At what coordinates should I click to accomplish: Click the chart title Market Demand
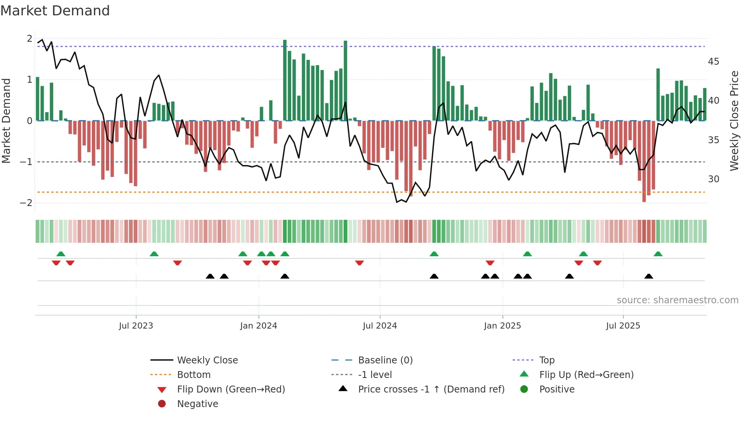coord(55,11)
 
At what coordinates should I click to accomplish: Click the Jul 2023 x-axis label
coord(136,326)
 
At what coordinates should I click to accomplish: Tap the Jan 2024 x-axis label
coord(258,326)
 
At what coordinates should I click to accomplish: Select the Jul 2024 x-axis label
coord(380,326)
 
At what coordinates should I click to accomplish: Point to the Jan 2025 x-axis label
coord(502,326)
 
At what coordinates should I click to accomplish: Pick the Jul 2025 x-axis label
coord(623,326)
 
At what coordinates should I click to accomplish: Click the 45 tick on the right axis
coord(713,62)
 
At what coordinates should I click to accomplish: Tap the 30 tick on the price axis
coord(713,179)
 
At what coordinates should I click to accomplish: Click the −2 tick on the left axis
coord(26,203)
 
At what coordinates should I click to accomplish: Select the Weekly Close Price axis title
coord(734,121)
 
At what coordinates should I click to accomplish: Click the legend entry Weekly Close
coord(207,360)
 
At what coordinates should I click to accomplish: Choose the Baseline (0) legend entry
coord(385,360)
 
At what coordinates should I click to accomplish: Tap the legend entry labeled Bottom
coord(194,375)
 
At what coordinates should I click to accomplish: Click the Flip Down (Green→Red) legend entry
coord(231,389)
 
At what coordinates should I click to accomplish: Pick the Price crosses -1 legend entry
coord(431,389)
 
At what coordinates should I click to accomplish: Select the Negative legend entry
coord(197,404)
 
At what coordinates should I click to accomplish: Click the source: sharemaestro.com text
coord(677,300)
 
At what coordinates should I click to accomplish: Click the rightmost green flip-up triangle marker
coord(658,254)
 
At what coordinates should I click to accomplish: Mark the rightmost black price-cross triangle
coord(649,276)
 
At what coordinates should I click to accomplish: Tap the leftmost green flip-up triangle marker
coord(60,254)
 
